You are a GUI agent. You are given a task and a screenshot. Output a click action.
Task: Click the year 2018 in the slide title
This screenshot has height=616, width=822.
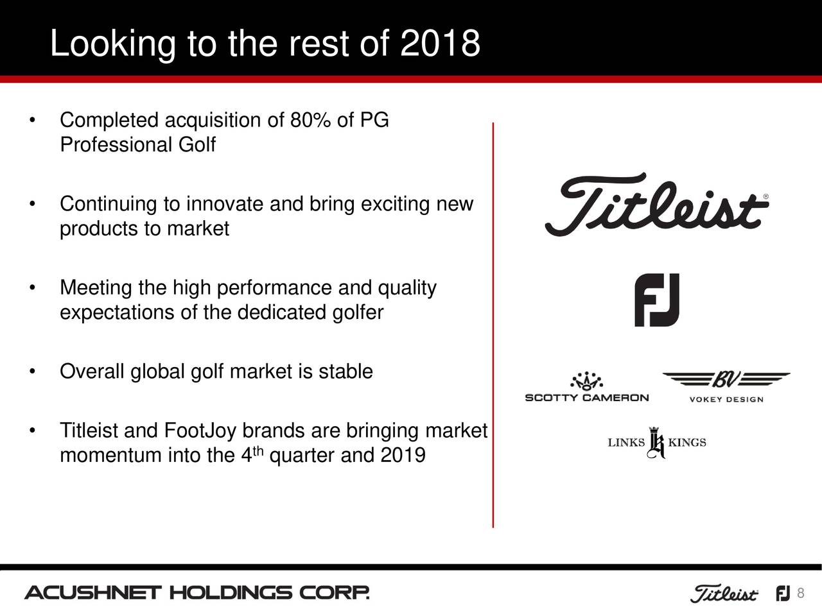pyautogui.click(x=440, y=44)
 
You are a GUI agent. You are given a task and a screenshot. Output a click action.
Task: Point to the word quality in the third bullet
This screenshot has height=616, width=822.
pyautogui.click(x=407, y=289)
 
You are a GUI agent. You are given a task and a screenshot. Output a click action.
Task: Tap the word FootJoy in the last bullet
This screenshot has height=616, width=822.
pyautogui.click(x=202, y=431)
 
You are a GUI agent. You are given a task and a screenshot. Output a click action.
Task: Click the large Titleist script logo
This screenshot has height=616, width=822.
pyautogui.click(x=656, y=204)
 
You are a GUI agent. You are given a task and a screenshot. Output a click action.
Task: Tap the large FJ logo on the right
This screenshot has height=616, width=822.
pyautogui.click(x=657, y=300)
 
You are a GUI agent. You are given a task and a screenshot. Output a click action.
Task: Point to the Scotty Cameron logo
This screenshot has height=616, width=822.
pyautogui.click(x=587, y=388)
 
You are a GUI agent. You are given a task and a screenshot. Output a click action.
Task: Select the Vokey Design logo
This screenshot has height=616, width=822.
pyautogui.click(x=726, y=386)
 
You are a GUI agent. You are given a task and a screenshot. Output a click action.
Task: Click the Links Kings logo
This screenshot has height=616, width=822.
pyautogui.click(x=656, y=443)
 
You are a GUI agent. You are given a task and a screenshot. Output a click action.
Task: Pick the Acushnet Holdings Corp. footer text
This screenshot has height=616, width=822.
pyautogui.click(x=197, y=593)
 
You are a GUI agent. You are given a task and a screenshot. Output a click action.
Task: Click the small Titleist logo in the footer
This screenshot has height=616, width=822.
pyautogui.click(x=723, y=594)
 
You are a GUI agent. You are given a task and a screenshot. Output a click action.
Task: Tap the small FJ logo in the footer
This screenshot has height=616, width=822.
pyautogui.click(x=783, y=594)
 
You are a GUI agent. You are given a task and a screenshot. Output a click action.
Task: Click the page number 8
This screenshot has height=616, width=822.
pyautogui.click(x=800, y=593)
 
